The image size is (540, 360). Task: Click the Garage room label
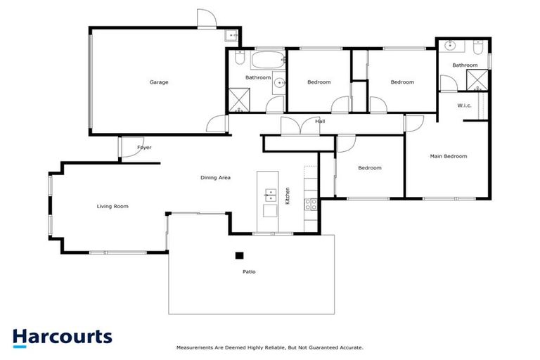click(158, 82)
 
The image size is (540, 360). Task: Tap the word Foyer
click(144, 148)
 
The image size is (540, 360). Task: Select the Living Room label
click(112, 206)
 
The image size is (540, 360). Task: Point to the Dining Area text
click(216, 178)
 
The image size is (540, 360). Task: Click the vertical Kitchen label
click(288, 195)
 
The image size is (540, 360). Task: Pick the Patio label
click(248, 271)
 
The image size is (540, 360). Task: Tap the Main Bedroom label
click(448, 156)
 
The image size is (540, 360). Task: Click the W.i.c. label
click(464, 105)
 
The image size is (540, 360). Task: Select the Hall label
click(320, 122)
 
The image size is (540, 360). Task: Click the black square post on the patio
click(239, 256)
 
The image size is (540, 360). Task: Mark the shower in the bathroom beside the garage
click(238, 100)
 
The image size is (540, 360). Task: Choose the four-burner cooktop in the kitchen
click(310, 204)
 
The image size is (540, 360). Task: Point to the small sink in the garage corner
click(231, 36)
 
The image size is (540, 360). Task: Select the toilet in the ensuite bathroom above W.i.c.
click(477, 49)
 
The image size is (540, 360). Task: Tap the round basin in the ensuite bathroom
click(450, 48)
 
